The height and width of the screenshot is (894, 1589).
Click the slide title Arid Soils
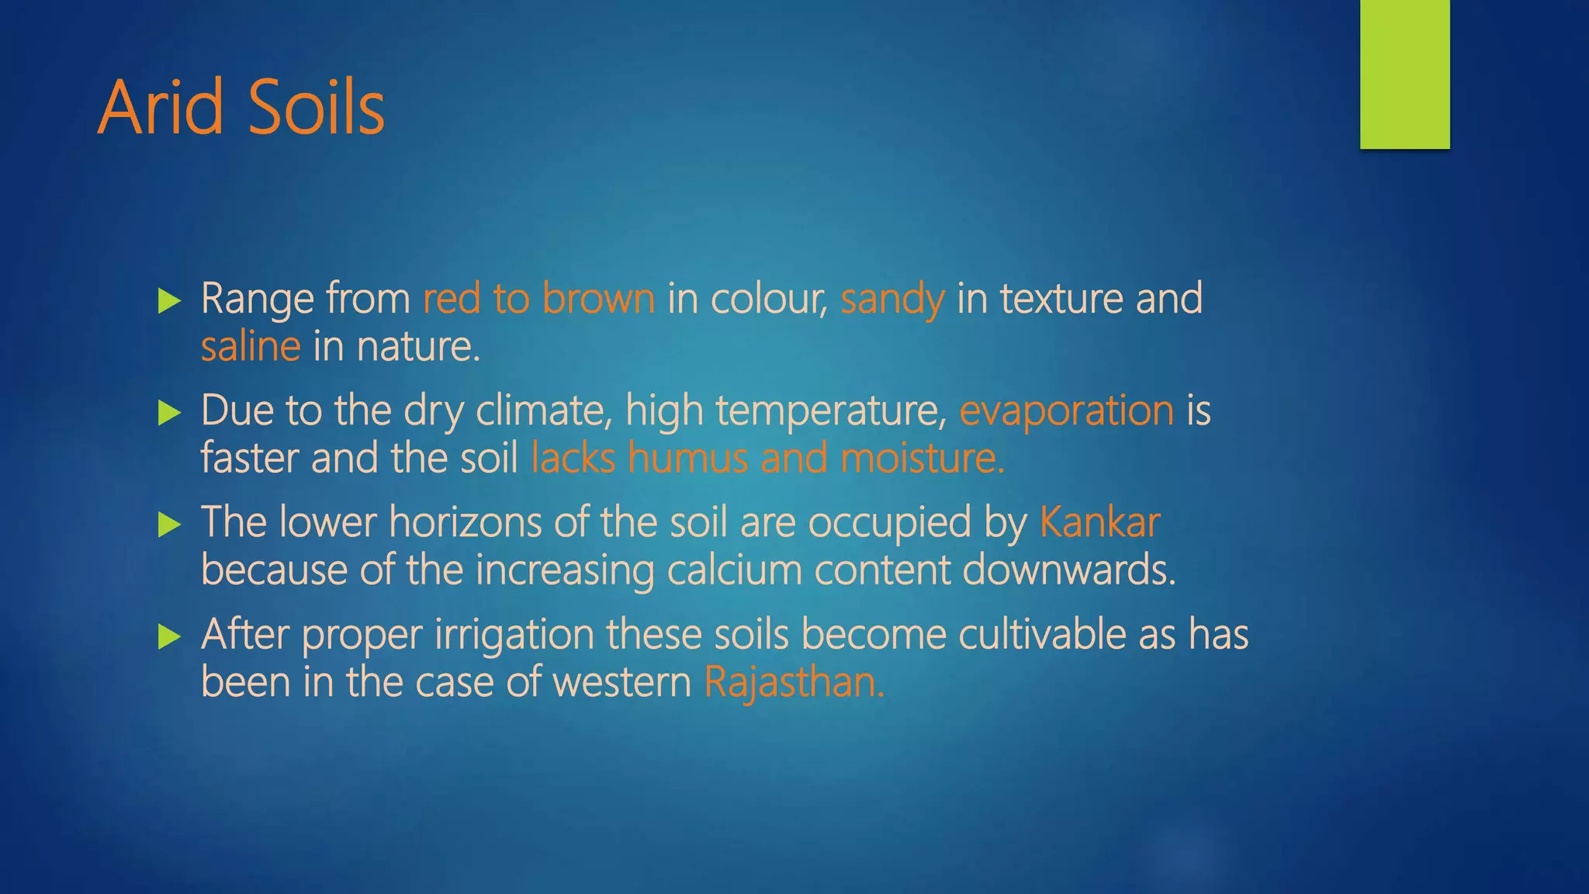241,108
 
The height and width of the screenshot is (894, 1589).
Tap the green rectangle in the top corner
1404,74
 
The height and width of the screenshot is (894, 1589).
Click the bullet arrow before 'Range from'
168,301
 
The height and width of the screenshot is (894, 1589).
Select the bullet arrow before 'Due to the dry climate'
168,413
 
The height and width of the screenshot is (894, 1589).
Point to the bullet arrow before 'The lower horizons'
168,525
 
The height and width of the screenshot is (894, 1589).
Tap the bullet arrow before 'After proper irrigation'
168,637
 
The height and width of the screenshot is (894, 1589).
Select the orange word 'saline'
250,346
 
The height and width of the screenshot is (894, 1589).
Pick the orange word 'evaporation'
1066,411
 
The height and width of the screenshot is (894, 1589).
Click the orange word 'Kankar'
1099,522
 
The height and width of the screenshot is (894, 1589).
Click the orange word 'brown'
598,299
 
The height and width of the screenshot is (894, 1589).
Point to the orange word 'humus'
687,458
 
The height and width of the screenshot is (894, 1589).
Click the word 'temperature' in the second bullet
830,411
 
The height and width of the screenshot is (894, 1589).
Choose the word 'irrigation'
514,636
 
